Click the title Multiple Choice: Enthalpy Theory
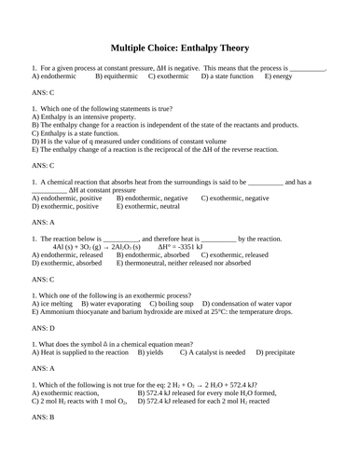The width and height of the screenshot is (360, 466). coord(180,48)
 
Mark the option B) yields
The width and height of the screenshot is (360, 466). coord(152,352)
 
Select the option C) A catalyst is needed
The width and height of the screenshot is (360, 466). coord(213,352)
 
